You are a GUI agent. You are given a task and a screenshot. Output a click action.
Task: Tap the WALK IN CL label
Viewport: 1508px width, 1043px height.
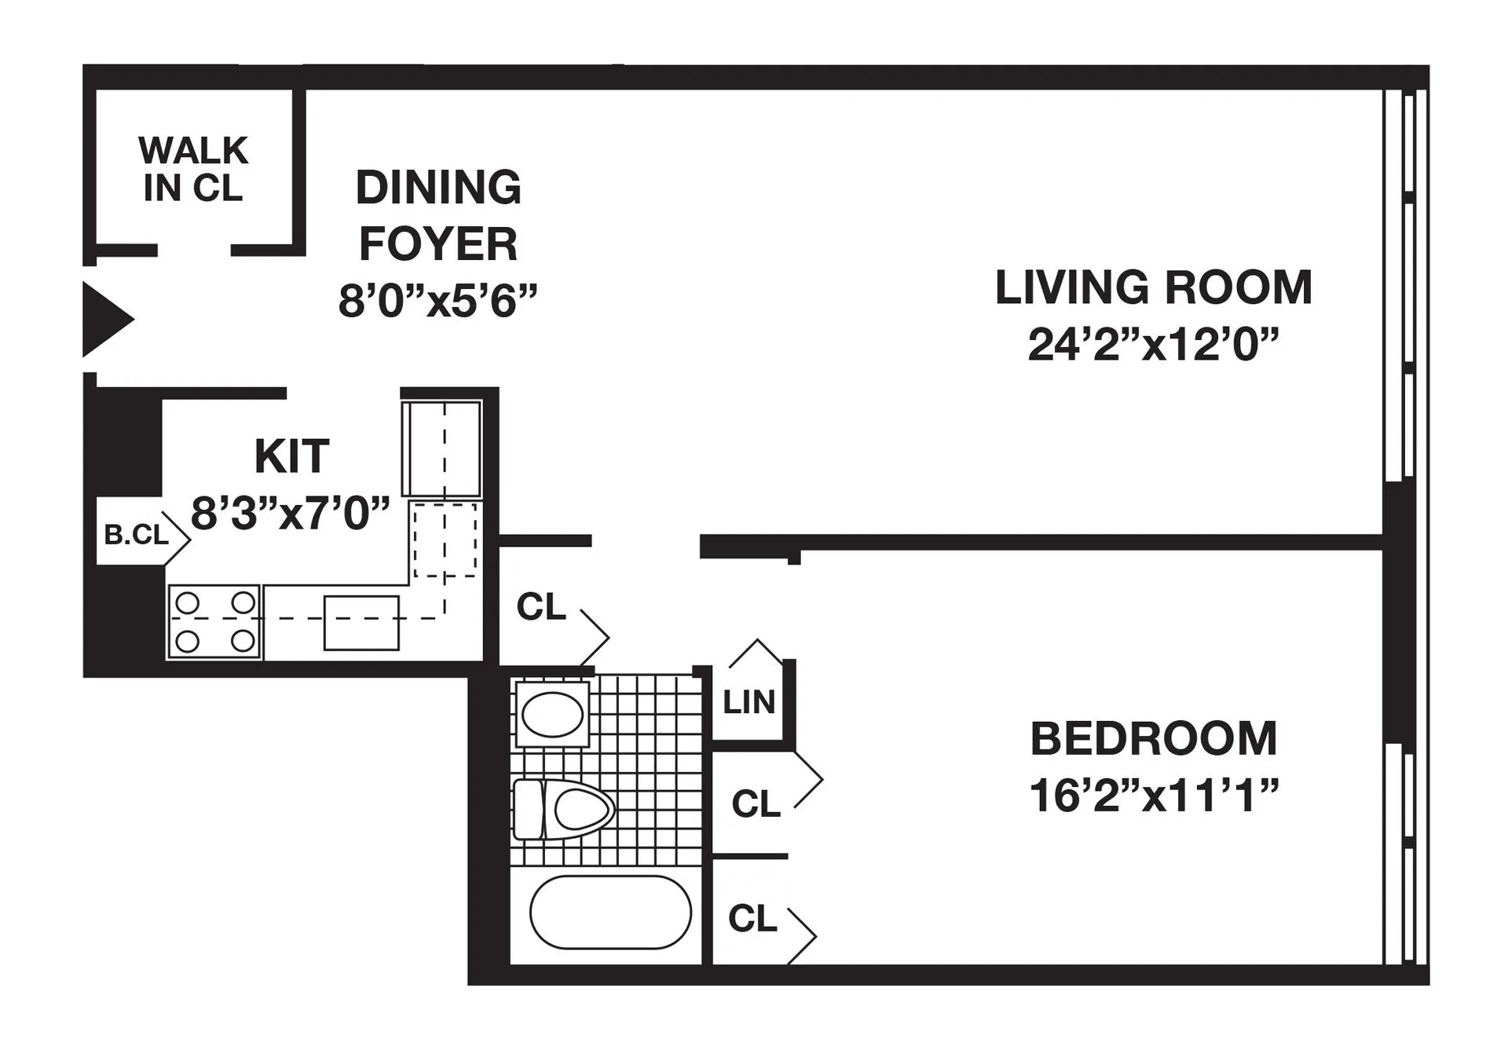193,169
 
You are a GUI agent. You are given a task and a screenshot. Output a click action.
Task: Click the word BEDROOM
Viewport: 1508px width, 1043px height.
1153,739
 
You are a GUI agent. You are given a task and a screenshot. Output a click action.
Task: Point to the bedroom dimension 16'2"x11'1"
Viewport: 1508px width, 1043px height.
1153,796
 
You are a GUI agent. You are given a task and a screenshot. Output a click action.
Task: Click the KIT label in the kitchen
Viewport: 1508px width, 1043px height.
291,456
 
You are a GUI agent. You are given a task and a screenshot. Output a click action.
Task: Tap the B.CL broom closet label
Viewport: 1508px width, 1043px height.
137,535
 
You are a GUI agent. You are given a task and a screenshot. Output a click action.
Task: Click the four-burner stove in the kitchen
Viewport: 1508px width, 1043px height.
214,622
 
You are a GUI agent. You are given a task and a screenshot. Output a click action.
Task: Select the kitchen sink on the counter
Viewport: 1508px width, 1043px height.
361,623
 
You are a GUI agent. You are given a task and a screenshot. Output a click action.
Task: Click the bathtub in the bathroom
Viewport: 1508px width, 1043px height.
610,913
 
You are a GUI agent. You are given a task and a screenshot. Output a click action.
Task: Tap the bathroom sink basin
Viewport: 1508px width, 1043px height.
552,715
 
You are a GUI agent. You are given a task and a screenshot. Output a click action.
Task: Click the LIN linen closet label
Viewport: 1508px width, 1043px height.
749,702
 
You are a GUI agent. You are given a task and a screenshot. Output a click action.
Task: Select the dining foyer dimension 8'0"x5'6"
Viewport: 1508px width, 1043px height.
437,301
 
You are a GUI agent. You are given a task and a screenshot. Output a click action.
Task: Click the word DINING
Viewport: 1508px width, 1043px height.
438,188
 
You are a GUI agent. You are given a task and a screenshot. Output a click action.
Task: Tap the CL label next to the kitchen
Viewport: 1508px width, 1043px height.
541,607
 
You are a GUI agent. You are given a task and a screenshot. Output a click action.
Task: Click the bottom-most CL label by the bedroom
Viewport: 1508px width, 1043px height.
752,917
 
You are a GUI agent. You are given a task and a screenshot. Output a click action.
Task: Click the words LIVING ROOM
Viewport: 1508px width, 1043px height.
1153,287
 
